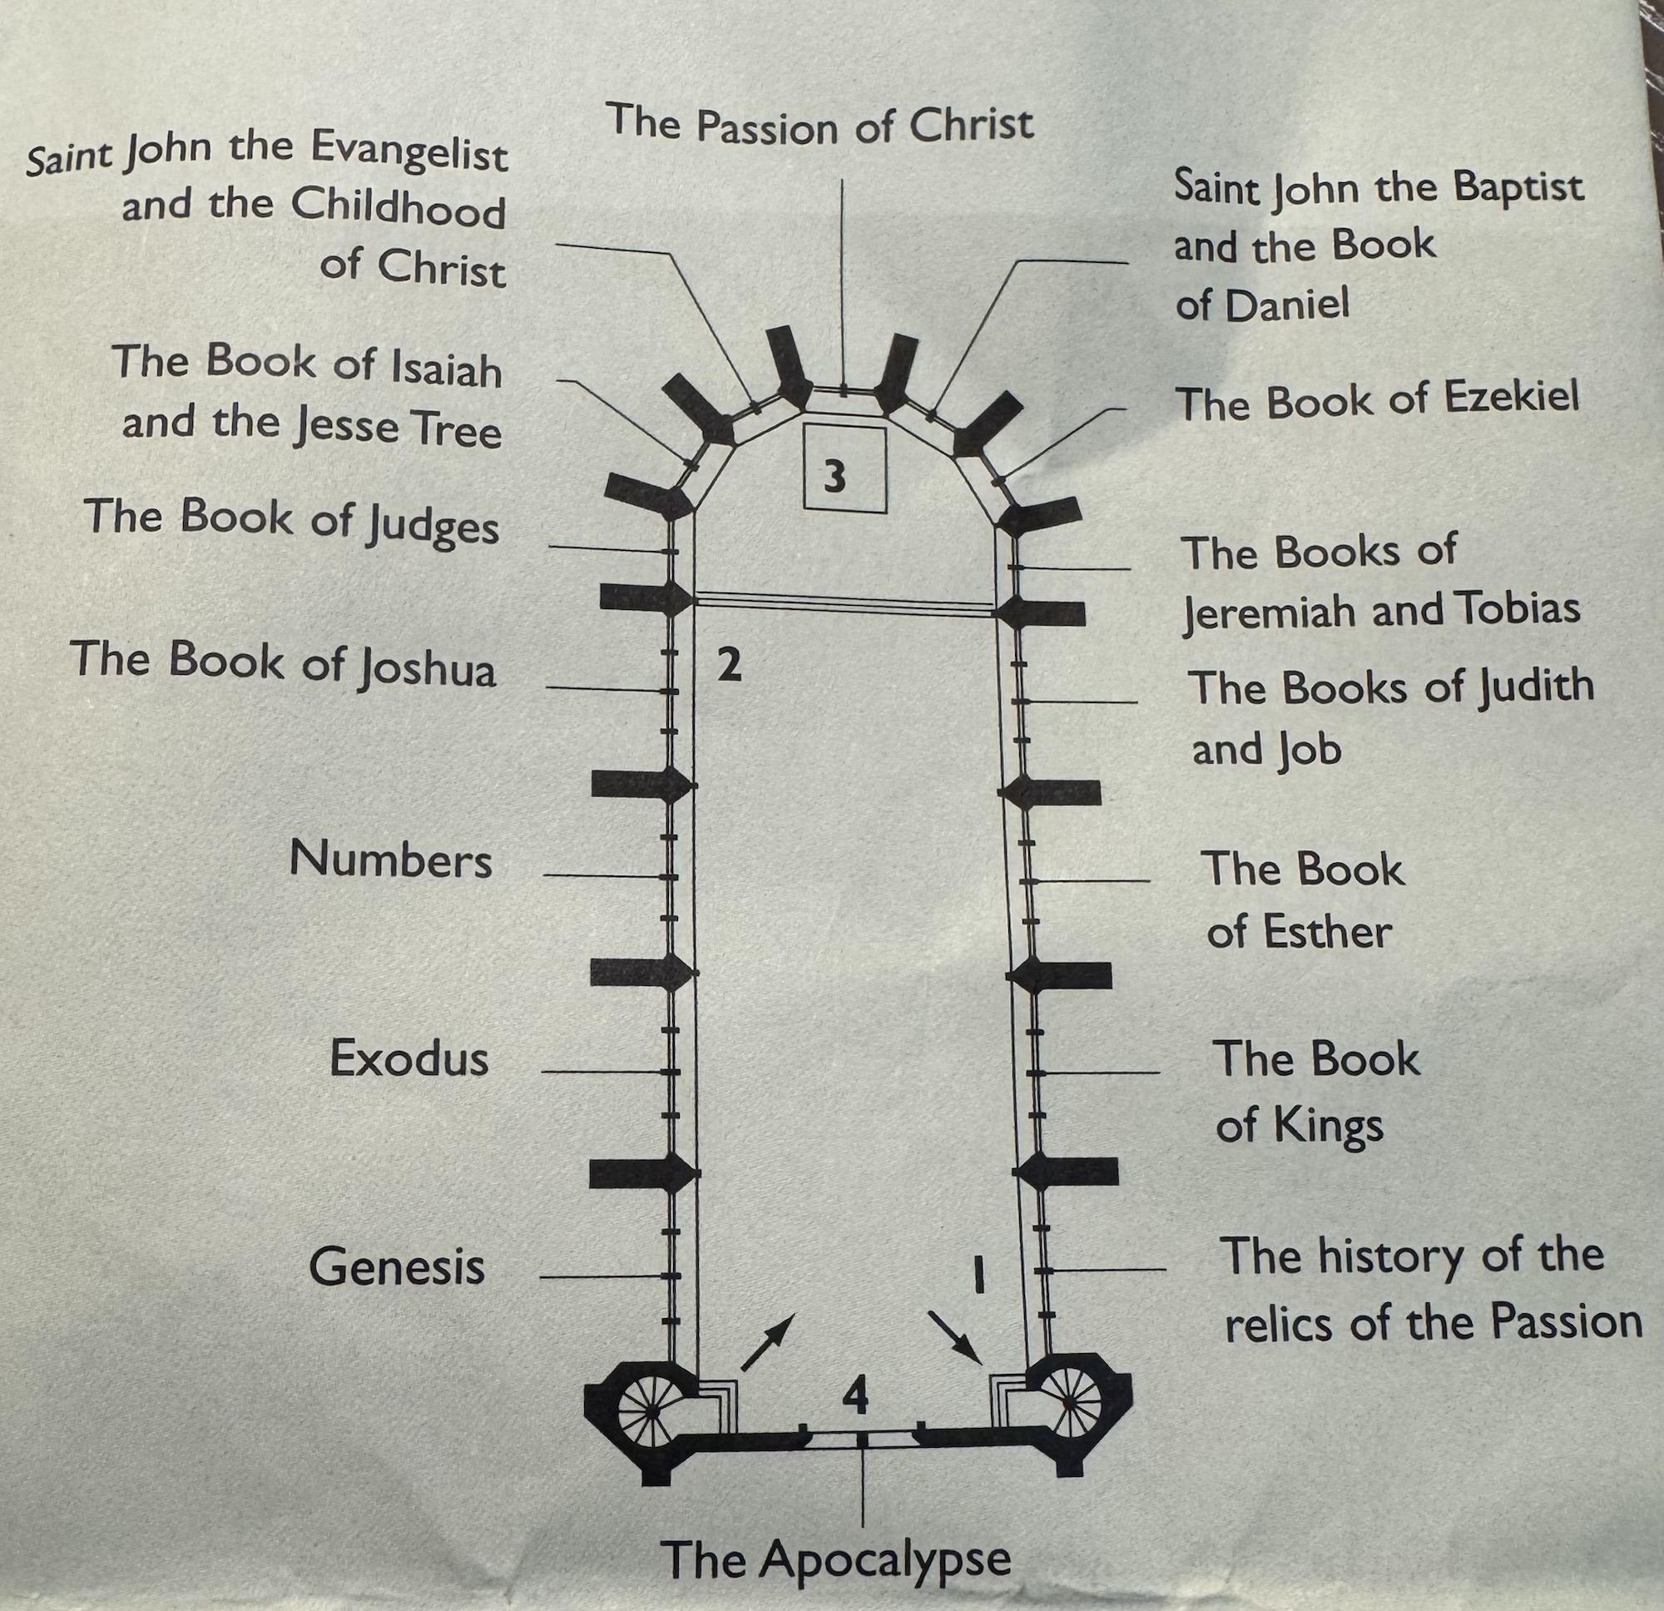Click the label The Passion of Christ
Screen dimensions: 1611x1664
pos(820,125)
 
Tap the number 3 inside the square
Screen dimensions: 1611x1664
pos(835,477)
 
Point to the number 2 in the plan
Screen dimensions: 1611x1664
pos(730,665)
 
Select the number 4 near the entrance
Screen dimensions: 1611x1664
pos(855,1396)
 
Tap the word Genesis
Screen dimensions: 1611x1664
pos(397,1266)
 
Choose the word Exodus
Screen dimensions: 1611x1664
pos(409,1058)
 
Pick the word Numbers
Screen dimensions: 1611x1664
pos(390,860)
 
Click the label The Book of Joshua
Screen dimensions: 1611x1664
pos(284,662)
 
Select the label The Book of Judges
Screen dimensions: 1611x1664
pos(292,520)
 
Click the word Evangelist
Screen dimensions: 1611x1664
pos(409,153)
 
